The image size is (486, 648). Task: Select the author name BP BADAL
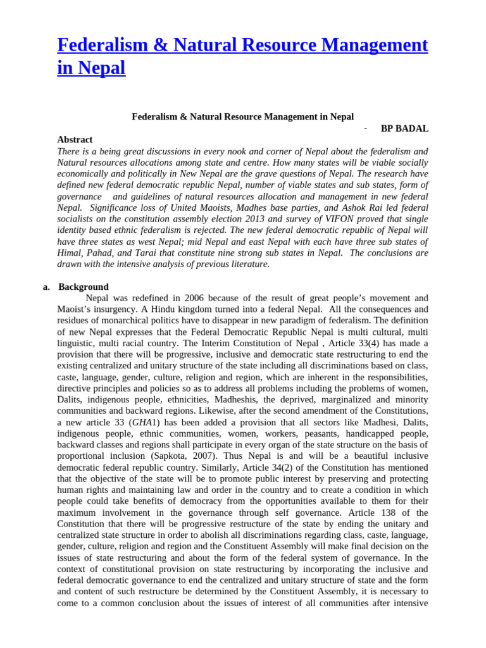coord(404,128)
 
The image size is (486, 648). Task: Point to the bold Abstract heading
coord(75,139)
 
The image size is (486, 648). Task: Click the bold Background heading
coord(84,287)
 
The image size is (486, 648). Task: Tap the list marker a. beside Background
coord(47,287)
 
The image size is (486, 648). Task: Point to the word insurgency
coord(112,309)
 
